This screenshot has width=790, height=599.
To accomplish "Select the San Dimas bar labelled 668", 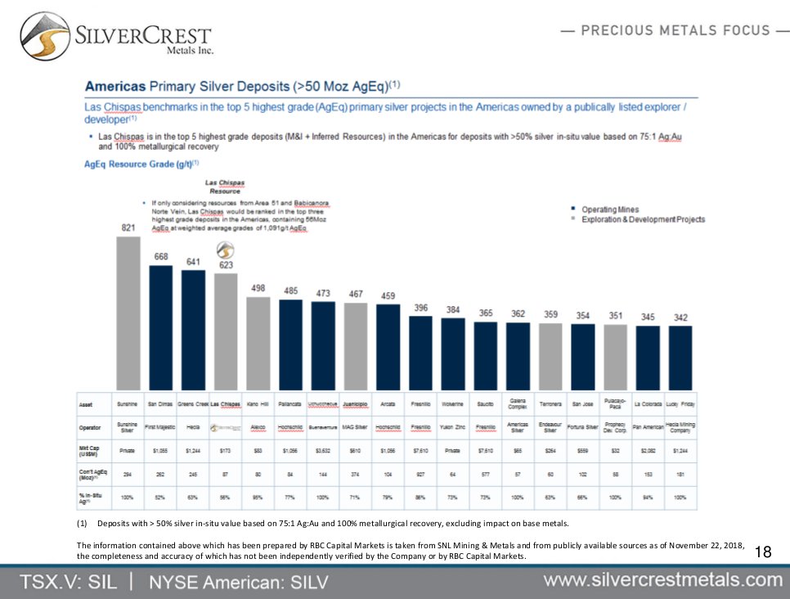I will pos(160,327).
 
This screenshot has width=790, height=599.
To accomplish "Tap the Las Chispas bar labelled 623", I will pos(225,331).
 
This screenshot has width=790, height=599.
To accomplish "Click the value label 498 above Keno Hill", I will pos(258,288).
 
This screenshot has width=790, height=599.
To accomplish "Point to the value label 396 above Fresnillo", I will pos(420,308).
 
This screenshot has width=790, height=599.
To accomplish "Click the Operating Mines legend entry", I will pos(609,209).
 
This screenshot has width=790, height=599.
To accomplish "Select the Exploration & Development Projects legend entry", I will pos(642,219).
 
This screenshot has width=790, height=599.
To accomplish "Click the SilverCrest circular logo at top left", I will pos(45,37).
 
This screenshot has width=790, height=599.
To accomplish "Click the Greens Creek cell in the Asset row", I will pos(192,404).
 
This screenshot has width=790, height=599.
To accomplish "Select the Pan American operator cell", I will pos(648,427).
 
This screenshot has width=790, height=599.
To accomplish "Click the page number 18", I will pos(763,552).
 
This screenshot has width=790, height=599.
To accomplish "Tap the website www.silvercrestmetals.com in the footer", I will pos(663,580).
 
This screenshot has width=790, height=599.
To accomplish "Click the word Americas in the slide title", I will pos(115,86).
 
